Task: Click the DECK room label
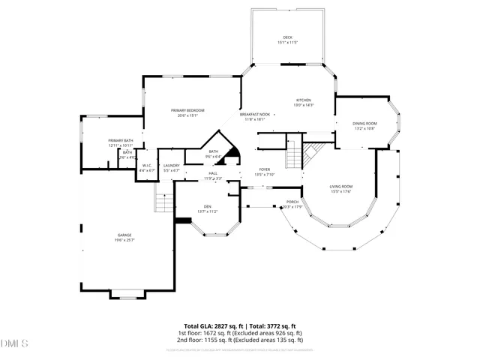pyautogui.click(x=287, y=37)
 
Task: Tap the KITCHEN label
pyautogui.click(x=304, y=100)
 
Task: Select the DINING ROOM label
pyautogui.click(x=365, y=124)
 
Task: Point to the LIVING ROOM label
pyautogui.click(x=340, y=187)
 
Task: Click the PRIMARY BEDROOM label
pyautogui.click(x=183, y=111)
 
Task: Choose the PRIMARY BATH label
pyautogui.click(x=120, y=141)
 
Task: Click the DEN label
pyautogui.click(x=207, y=207)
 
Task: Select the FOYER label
pyautogui.click(x=265, y=170)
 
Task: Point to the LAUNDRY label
pyautogui.click(x=171, y=166)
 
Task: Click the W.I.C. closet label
pyautogui.click(x=146, y=166)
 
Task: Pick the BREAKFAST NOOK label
pyautogui.click(x=253, y=115)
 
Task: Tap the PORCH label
pyautogui.click(x=292, y=202)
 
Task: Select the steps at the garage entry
pyautogui.click(x=164, y=200)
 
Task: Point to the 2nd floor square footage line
pyautogui.click(x=240, y=340)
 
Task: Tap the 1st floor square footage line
pyautogui.click(x=240, y=333)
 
